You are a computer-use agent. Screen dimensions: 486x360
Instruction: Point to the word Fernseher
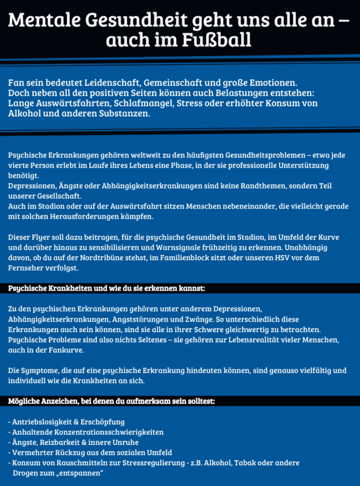click(27, 268)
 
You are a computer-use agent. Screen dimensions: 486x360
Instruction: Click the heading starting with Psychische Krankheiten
click(106, 288)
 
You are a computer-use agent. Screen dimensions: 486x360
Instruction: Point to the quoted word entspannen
click(78, 474)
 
